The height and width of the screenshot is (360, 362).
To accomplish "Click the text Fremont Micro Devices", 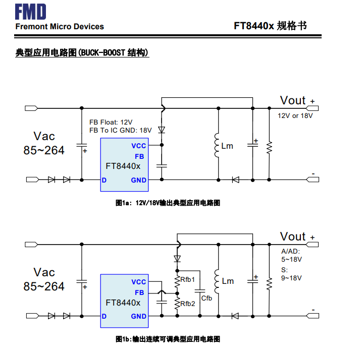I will [x=60, y=27].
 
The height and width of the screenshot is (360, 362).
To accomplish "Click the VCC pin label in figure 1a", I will [x=138, y=146].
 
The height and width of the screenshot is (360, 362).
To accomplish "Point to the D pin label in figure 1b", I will [x=104, y=316].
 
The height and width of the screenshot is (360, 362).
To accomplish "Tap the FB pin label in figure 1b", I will [x=139, y=292].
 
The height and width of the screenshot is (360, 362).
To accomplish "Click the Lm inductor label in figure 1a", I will [x=228, y=146].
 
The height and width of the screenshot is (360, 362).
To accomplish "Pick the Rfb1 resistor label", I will [x=188, y=279].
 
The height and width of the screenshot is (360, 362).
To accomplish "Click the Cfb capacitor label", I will [x=206, y=298].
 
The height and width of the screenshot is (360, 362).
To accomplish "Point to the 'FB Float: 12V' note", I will [x=111, y=123].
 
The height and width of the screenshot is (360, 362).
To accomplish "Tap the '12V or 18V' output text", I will [x=295, y=116].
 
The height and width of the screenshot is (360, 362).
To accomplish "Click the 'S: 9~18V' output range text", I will [x=291, y=273].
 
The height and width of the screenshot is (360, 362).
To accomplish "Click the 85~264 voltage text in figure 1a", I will [x=44, y=150].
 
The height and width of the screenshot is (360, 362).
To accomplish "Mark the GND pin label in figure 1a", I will [x=138, y=180].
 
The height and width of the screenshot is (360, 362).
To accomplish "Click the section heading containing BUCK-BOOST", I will [x=82, y=52].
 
